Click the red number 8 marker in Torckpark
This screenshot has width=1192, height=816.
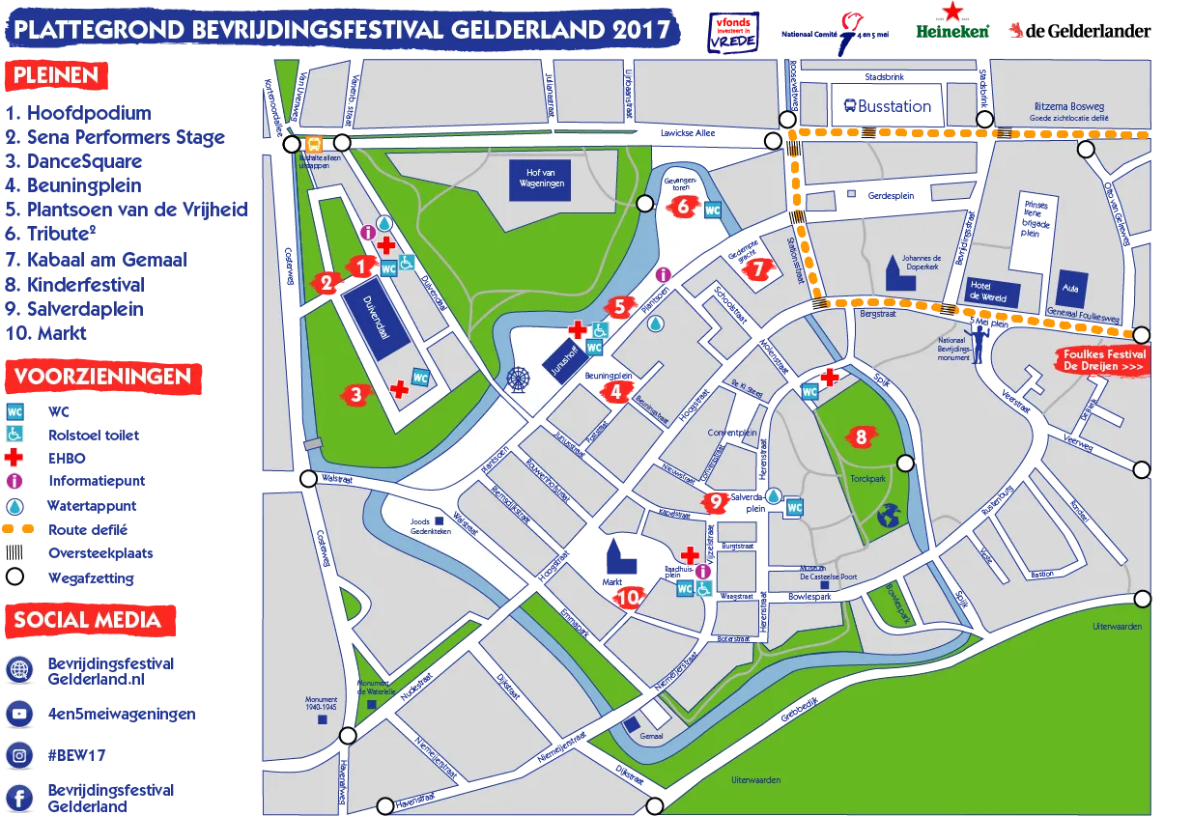click(860, 436)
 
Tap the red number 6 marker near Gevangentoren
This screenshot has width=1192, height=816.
click(681, 205)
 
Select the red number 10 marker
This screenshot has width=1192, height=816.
click(629, 597)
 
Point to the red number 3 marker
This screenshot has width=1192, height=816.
click(356, 393)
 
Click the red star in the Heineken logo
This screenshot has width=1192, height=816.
click(953, 12)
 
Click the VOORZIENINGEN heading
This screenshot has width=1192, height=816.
click(102, 376)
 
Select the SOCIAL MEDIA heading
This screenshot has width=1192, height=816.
click(88, 620)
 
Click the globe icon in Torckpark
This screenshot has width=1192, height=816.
click(888, 519)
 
